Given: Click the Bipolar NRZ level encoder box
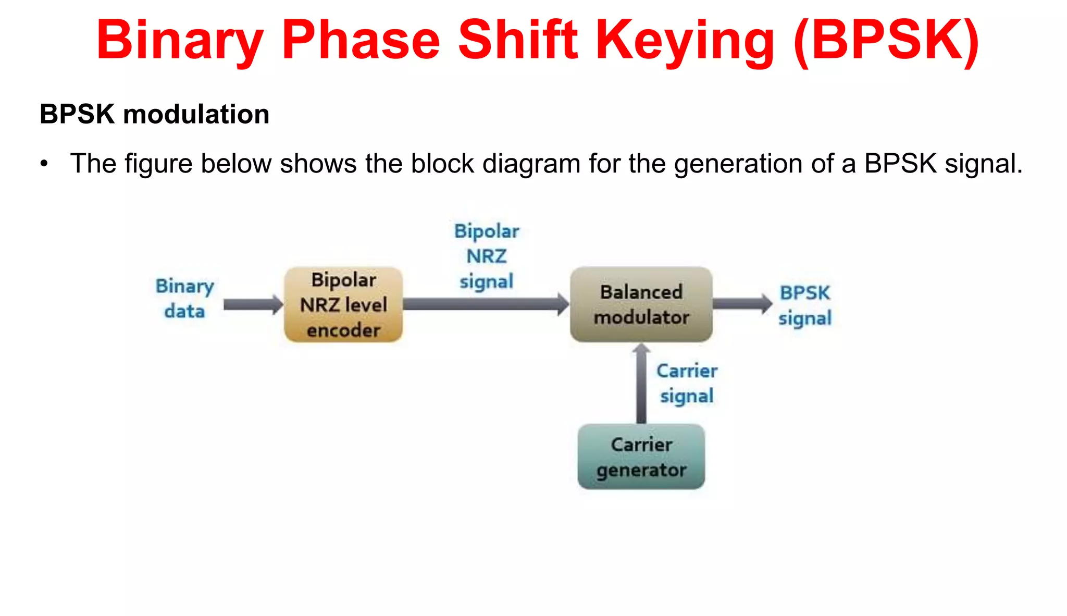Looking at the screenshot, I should tap(343, 305).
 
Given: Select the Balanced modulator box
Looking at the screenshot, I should tap(641, 305).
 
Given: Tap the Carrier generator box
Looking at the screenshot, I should tap(641, 457).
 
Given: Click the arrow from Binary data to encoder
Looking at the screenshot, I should tap(253, 304).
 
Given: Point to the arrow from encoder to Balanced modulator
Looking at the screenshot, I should tap(485, 304).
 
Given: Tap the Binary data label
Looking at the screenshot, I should tap(184, 299).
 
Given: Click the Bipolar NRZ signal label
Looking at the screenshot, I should tap(487, 256).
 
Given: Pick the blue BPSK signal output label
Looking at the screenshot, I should tap(804, 305).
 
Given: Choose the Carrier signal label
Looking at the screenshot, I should tap(686, 383).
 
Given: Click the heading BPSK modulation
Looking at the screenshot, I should tap(154, 114).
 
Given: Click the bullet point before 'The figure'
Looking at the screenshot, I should tap(44, 164).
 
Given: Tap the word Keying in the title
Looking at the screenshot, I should tap(685, 41).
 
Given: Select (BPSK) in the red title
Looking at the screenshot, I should tap(886, 41).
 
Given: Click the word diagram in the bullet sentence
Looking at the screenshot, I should tap(531, 164).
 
